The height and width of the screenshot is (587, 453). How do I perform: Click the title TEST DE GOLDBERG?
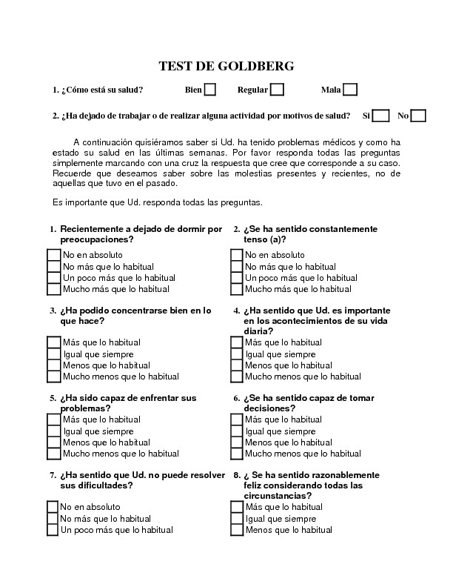click(226, 66)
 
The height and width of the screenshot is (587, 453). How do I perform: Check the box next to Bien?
click(209, 90)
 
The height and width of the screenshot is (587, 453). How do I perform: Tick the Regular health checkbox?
click(277, 90)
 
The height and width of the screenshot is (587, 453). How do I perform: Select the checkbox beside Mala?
click(350, 90)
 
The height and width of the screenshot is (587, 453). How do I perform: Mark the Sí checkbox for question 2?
click(380, 116)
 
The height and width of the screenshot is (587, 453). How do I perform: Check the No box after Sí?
click(418, 116)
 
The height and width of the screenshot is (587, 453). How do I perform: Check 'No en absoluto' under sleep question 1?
click(54, 256)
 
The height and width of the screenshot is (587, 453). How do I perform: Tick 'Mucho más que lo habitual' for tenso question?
click(237, 289)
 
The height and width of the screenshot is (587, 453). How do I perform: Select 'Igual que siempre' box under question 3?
click(54, 354)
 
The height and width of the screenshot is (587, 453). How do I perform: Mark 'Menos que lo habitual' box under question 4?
click(237, 365)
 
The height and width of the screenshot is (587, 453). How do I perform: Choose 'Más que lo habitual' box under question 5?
click(54, 420)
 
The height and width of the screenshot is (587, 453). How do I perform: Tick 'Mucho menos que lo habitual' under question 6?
click(237, 454)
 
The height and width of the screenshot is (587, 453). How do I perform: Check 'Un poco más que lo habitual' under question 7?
click(53, 530)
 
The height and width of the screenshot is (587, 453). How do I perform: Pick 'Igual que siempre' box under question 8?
click(237, 519)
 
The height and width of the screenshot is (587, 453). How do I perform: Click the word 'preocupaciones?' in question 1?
click(97, 240)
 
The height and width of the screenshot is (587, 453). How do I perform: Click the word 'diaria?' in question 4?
click(258, 331)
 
